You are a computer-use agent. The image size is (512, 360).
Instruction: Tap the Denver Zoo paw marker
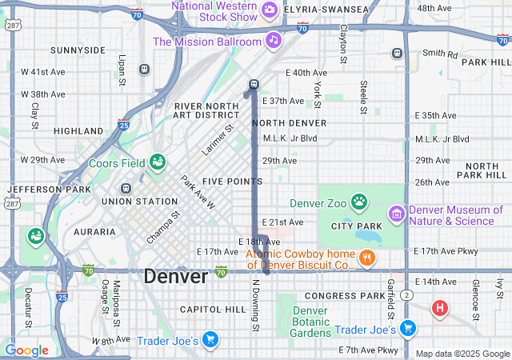359,201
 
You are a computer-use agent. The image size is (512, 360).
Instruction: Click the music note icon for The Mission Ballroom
274,39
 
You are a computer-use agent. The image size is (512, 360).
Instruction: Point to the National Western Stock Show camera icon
270,10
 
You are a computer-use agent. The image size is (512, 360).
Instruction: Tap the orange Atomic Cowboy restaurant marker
367,258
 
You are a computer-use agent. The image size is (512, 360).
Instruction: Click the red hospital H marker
439,307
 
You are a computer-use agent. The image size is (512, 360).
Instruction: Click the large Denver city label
176,277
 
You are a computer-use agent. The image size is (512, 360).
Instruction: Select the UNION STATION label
138,201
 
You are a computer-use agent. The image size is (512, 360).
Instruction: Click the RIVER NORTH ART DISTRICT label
207,110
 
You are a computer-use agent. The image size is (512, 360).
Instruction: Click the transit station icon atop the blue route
254,84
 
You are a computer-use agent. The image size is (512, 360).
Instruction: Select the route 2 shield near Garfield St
407,295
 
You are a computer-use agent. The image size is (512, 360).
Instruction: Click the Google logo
26,350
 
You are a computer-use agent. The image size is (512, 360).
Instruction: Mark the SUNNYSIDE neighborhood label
78,50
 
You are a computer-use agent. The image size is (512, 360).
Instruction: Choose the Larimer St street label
217,139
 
